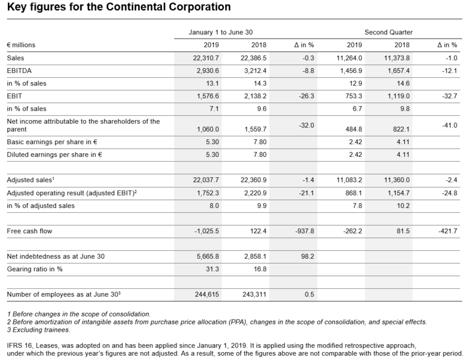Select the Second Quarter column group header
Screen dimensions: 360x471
point(388,32)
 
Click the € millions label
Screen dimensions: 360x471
point(21,45)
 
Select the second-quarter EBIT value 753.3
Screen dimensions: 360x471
point(351,96)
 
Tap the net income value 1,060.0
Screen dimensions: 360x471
point(207,129)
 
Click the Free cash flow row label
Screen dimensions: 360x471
point(29,231)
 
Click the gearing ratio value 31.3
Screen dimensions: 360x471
point(212,269)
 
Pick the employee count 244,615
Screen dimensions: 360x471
point(207,294)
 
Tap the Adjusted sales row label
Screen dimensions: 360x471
point(30,180)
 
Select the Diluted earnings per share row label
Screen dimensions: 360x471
point(54,155)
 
